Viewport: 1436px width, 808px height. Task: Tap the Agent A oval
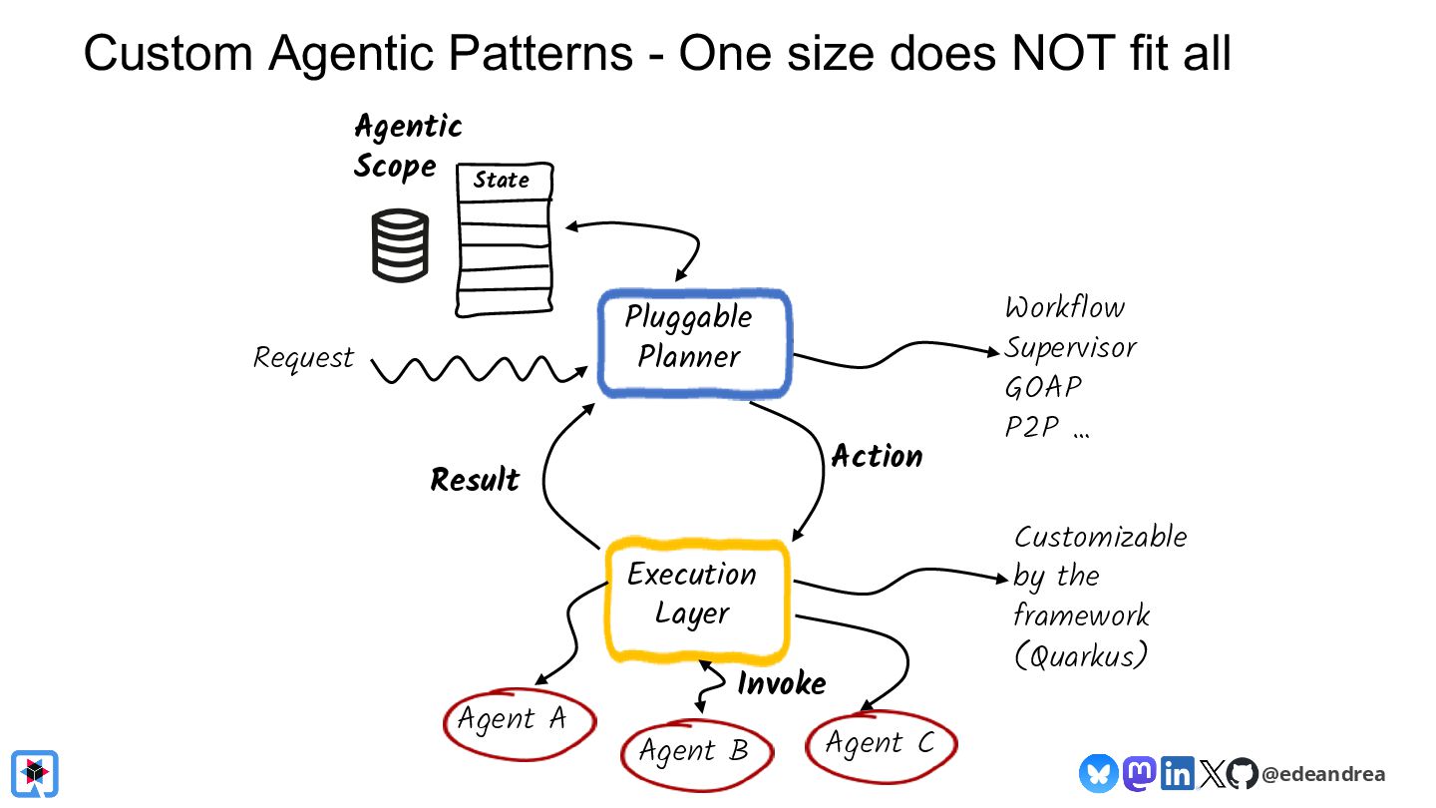[518, 720]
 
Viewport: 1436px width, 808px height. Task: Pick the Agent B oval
[696, 751]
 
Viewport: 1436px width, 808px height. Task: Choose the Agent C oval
[881, 743]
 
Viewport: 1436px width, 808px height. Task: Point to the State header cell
[502, 181]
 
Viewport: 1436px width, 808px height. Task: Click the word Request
[303, 357]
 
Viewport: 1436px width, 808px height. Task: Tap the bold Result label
[475, 480]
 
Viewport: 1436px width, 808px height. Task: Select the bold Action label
[877, 457]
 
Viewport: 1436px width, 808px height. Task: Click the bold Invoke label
[782, 683]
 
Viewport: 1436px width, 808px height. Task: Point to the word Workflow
[1064, 307]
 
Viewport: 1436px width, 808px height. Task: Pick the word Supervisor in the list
[1070, 347]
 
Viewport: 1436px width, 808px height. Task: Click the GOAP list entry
[1043, 387]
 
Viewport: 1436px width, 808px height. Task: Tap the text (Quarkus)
[1081, 654]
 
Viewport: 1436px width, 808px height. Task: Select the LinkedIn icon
[1178, 774]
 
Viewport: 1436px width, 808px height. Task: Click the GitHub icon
[1242, 774]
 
